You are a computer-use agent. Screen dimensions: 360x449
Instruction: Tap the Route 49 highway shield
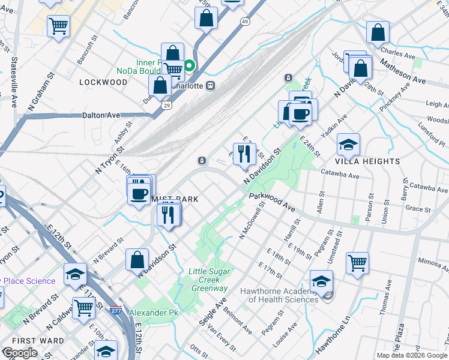[245, 22]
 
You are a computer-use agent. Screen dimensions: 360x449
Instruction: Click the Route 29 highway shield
[165, 105]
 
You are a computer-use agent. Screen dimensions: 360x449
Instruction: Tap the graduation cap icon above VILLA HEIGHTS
[348, 145]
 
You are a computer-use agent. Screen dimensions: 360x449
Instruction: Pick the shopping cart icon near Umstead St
[357, 262]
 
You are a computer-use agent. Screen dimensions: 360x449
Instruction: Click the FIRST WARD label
[25, 340]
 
